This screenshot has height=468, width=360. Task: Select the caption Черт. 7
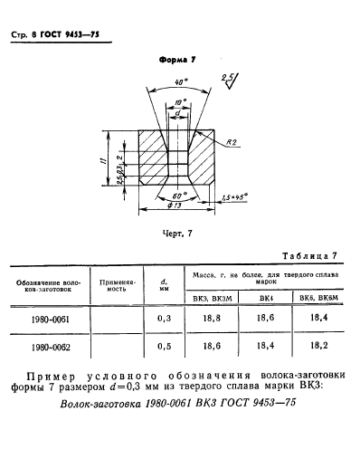point(176,234)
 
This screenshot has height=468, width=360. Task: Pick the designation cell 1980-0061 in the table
point(46,319)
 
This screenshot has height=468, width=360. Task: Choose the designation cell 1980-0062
point(46,348)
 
